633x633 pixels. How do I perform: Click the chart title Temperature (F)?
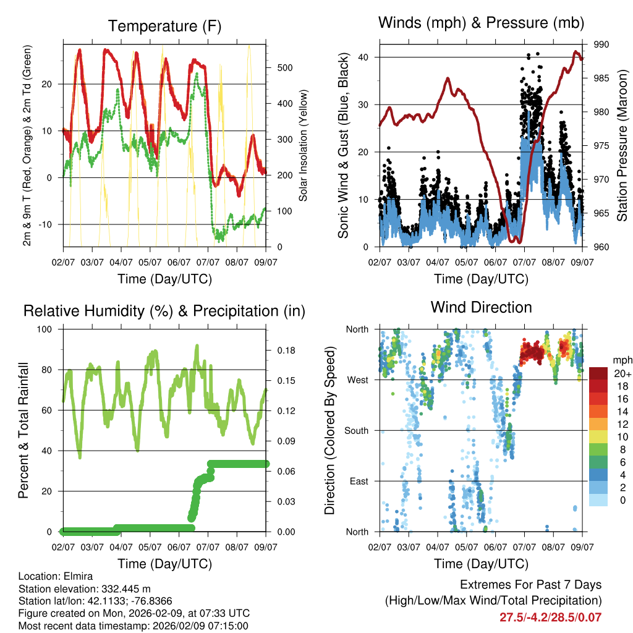click(x=164, y=26)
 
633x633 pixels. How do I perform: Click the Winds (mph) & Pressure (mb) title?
click(x=482, y=23)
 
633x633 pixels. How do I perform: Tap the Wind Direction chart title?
click(x=481, y=307)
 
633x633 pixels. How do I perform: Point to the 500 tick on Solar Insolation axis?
click(x=284, y=67)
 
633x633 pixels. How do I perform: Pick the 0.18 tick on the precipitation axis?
click(x=284, y=350)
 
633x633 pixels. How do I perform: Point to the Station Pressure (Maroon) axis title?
click(x=622, y=145)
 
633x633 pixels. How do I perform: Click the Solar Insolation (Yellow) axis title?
click(x=304, y=145)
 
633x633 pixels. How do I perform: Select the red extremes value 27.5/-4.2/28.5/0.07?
click(x=550, y=617)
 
